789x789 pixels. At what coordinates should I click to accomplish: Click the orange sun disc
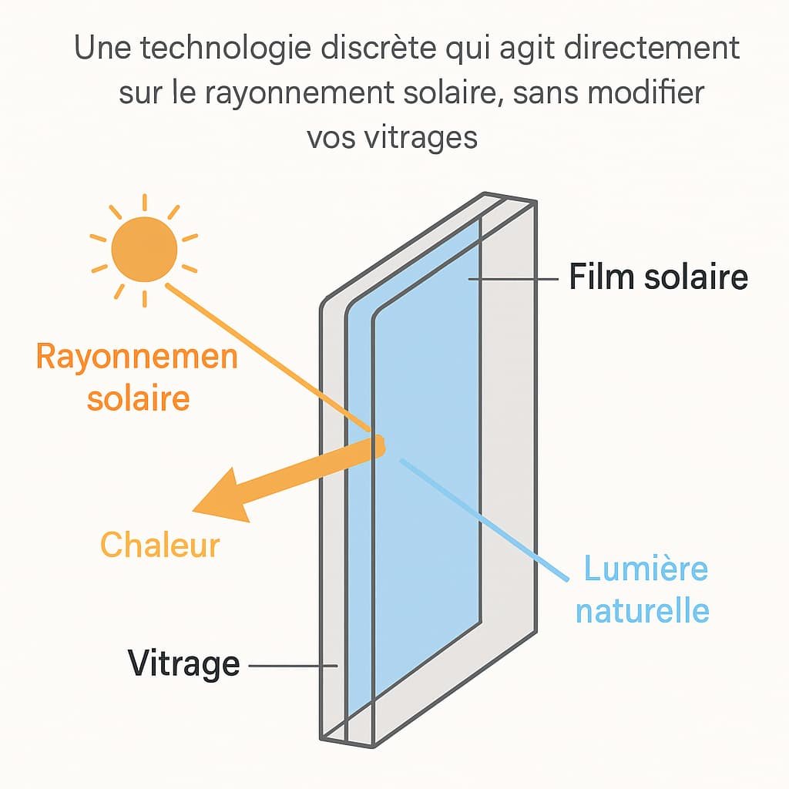coord(144,248)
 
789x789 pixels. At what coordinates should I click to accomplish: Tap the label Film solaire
coord(658,277)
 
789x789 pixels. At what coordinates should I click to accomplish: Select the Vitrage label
coord(184,663)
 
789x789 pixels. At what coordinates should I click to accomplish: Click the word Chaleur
coord(160,545)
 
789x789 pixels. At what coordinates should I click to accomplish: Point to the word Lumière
coord(645,569)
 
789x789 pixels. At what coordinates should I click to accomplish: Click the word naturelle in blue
coord(643,610)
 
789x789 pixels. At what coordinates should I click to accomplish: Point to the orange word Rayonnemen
coord(136,358)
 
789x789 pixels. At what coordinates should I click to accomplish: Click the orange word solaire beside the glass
coord(138,399)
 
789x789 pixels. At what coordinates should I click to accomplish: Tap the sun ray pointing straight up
coord(144,203)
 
